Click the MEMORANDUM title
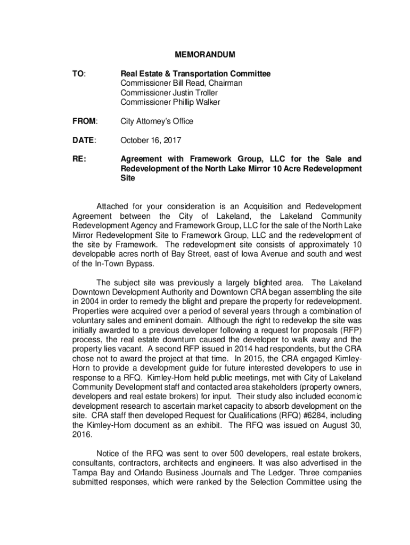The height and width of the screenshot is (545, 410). (206, 54)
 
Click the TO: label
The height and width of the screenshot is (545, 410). (78, 73)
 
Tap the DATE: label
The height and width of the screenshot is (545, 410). (84, 141)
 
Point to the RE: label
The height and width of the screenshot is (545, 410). (79, 159)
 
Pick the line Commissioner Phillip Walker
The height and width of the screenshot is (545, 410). (170, 102)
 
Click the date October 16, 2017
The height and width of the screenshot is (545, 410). (151, 141)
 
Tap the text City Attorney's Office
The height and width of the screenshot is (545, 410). (157, 121)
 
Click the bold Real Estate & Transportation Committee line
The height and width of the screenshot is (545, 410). (195, 73)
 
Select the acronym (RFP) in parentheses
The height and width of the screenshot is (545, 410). (348, 330)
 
